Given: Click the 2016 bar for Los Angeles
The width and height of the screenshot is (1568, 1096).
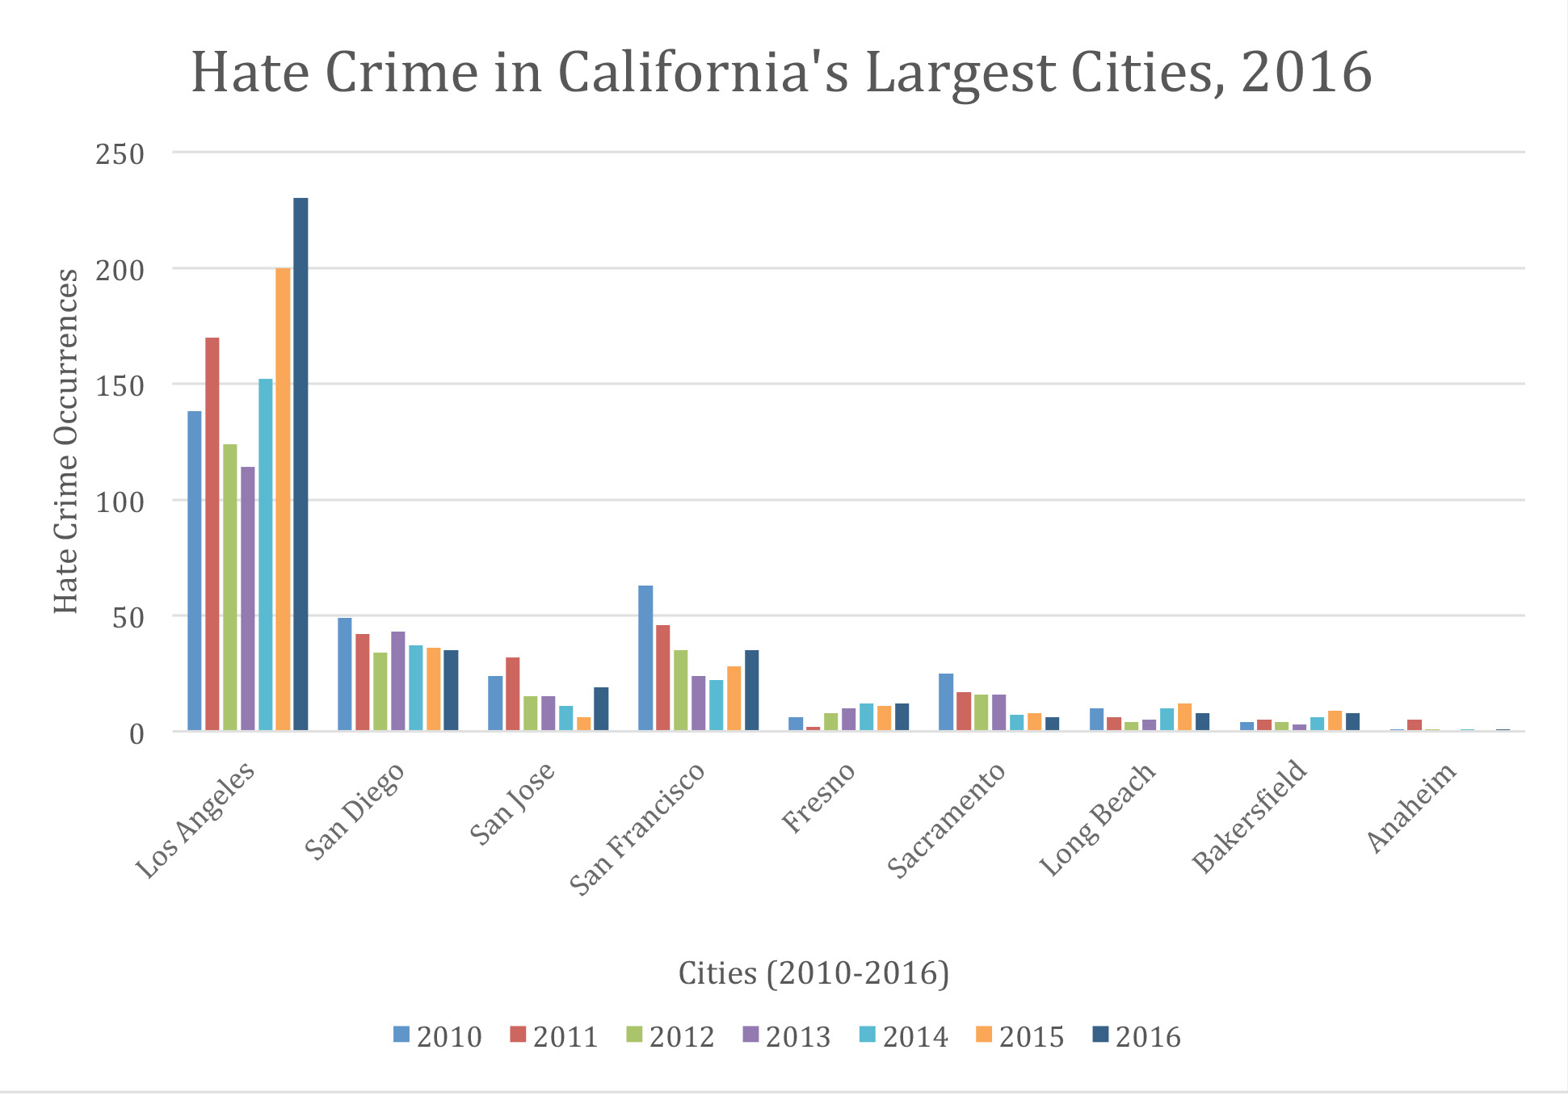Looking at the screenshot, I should coord(301,464).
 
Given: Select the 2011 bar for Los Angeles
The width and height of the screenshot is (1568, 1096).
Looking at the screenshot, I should coord(212,534).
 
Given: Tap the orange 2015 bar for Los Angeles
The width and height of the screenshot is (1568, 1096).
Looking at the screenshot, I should coord(283,499).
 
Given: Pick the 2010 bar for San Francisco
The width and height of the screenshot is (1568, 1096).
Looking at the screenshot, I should coord(645,658).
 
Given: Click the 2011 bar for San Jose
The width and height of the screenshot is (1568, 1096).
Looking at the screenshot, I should coord(513,694).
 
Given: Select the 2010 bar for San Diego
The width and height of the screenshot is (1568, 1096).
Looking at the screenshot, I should coord(345,674).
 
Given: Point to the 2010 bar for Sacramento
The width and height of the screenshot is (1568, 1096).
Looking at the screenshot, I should coord(946,702).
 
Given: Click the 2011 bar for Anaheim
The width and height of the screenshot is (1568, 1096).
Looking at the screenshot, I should coord(1415,725).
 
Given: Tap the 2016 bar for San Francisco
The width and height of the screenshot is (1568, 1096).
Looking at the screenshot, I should coord(752,691).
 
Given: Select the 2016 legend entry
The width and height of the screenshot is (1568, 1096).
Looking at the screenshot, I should coord(1137,1036).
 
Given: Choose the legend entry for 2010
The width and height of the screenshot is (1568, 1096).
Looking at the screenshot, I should coord(438,1036).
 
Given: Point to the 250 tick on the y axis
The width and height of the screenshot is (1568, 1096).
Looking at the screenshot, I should coord(120,153).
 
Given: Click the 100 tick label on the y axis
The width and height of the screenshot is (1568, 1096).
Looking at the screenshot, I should coord(120,502).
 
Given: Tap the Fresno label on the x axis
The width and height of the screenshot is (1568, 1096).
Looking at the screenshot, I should coord(818,798).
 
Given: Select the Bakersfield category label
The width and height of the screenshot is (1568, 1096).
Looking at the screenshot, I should coord(1250,817).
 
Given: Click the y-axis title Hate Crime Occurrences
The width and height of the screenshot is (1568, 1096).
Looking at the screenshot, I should coord(66,441).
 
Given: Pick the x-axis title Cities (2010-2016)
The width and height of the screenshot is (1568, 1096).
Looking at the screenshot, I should coord(813,973).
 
